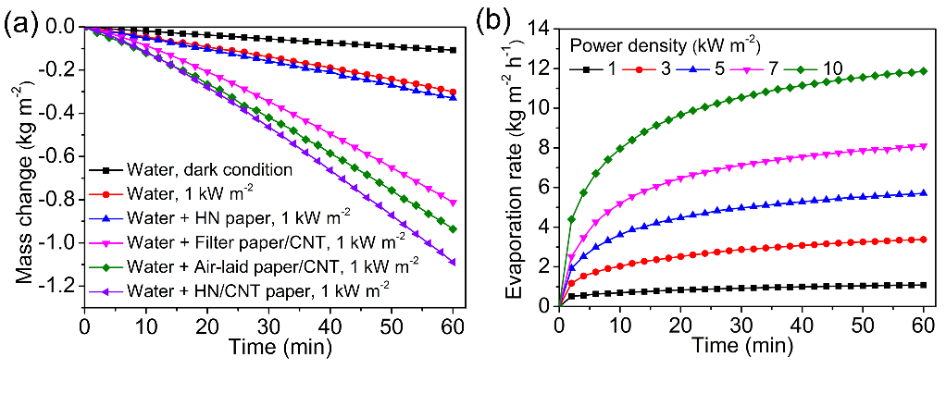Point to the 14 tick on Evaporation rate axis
539,28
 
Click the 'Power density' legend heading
666,43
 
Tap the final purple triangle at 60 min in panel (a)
452,263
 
